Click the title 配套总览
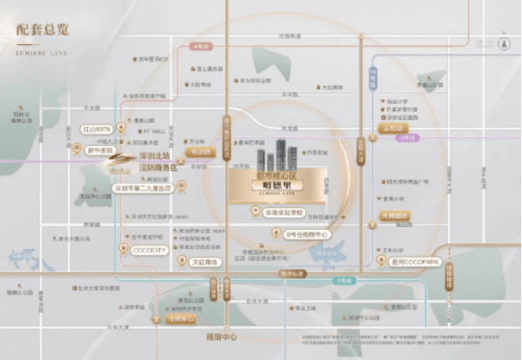pyautogui.click(x=43, y=30)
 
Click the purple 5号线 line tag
pyautogui.click(x=406, y=138)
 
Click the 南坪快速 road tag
pyautogui.click(x=293, y=273)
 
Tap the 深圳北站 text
pyautogui.click(x=157, y=157)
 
